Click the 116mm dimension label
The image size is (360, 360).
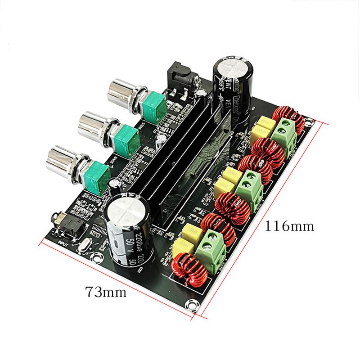(x=288, y=225)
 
